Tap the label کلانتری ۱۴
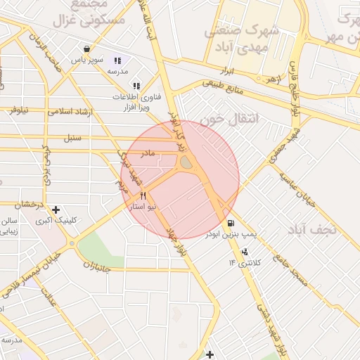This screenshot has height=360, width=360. tap(244, 263)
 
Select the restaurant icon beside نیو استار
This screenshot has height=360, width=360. tap(144, 196)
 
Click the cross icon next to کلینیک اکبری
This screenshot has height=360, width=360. tap(56, 210)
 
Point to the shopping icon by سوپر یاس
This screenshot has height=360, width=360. tap(86, 49)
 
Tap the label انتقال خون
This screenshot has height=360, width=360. tap(229, 120)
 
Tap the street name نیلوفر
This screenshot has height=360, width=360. tap(18, 109)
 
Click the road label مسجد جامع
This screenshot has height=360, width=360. tap(291, 269)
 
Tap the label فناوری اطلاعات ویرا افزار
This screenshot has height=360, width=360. tap(136, 103)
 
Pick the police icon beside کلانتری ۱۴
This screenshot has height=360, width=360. tap(244, 252)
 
